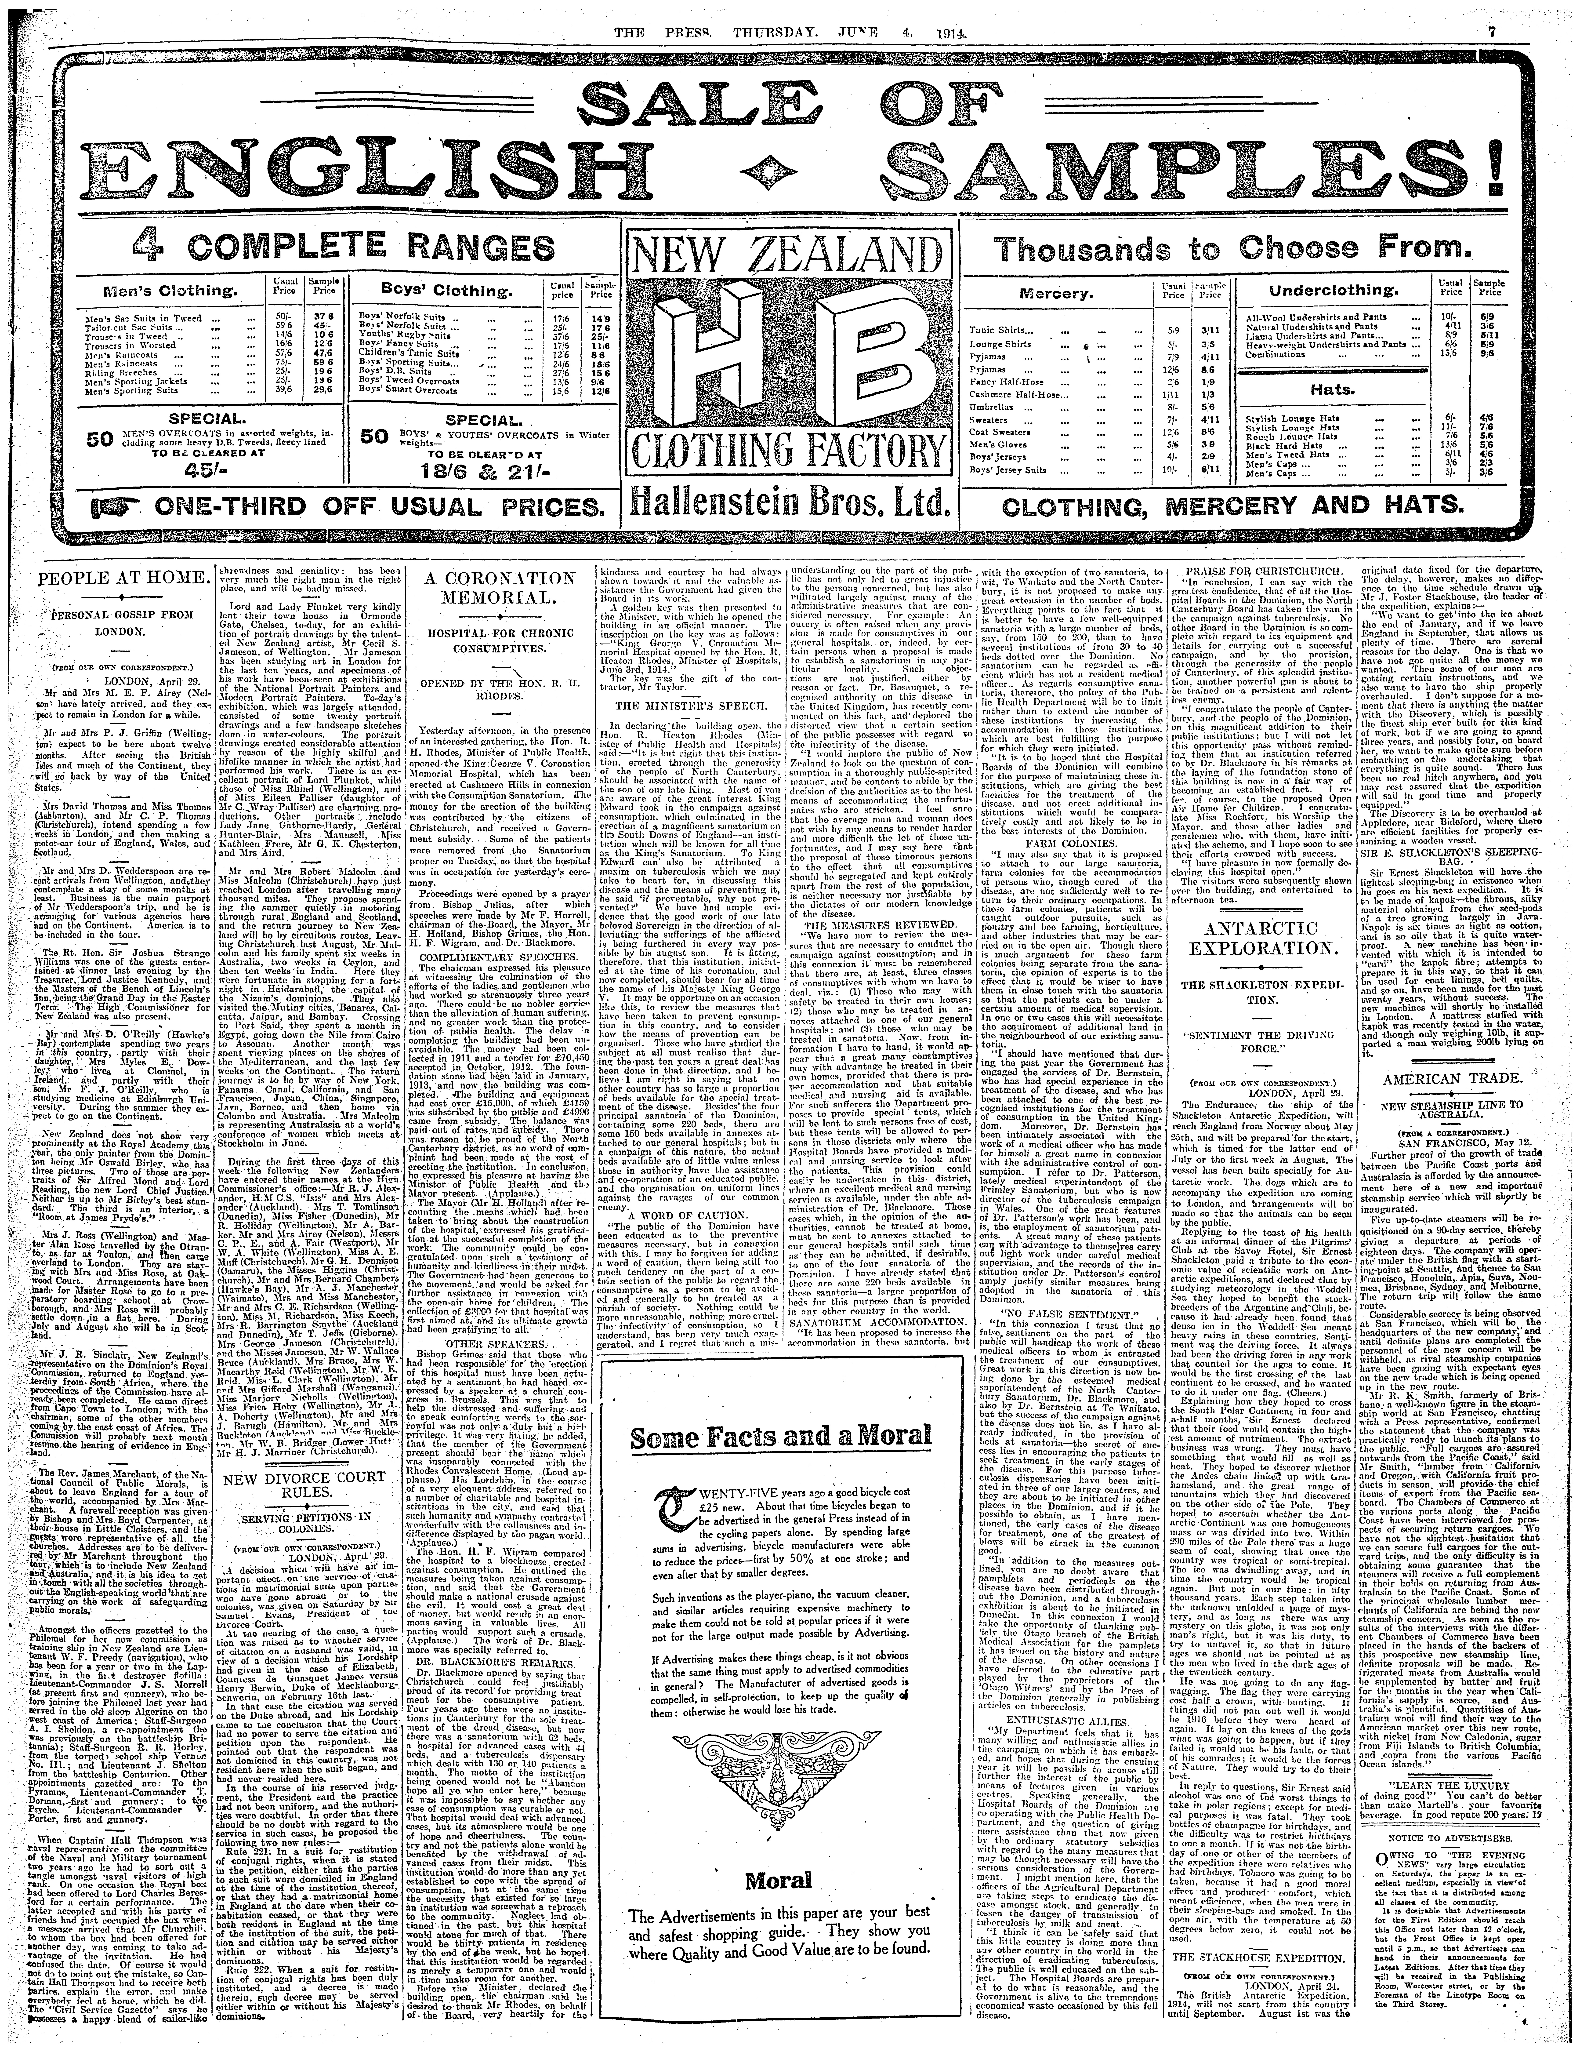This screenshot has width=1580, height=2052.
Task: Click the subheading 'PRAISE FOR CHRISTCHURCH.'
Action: [1261, 570]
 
